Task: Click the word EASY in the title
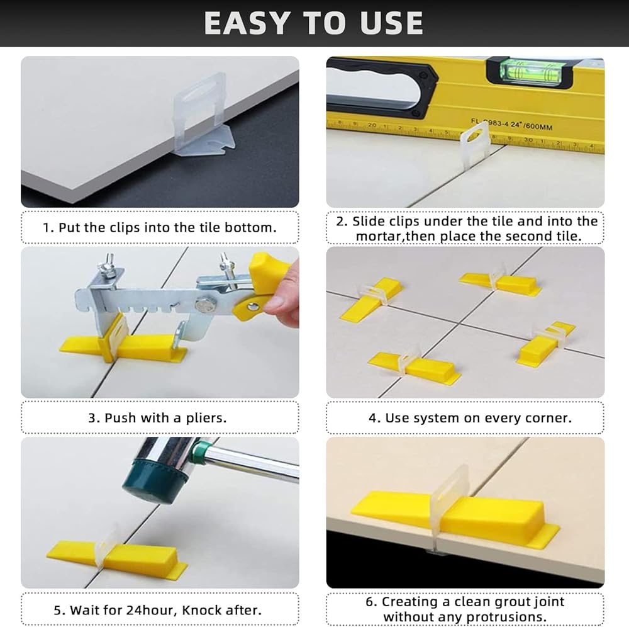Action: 247,23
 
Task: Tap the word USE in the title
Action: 391,23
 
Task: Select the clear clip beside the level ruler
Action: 474,142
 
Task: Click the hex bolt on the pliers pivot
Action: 203,305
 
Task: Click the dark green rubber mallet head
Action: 155,480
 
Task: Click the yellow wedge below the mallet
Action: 117,555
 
